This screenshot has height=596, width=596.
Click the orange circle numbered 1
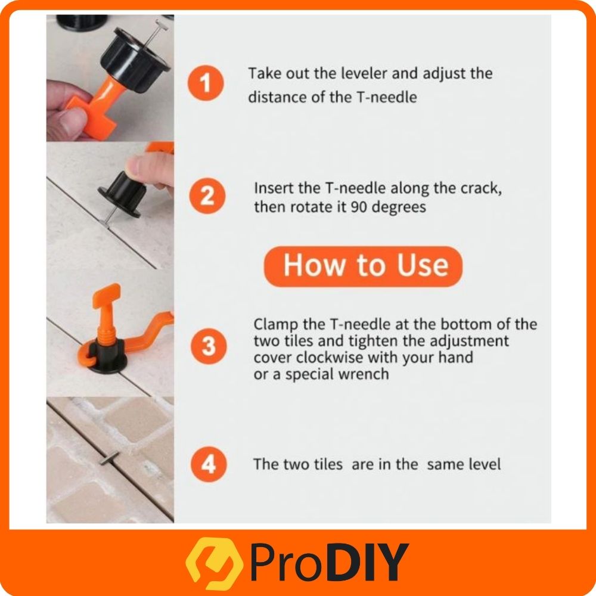coord(206,83)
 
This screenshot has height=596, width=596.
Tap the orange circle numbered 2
coord(207,195)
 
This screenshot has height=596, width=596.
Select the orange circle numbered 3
coord(209,346)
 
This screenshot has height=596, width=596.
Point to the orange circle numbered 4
coord(209,464)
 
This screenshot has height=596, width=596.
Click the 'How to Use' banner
coord(363,266)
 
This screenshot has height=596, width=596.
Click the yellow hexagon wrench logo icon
coord(215,563)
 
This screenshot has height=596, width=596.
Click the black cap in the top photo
coord(135,59)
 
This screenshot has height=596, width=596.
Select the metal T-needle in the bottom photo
coord(110,458)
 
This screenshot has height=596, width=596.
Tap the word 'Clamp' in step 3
coord(275,325)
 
